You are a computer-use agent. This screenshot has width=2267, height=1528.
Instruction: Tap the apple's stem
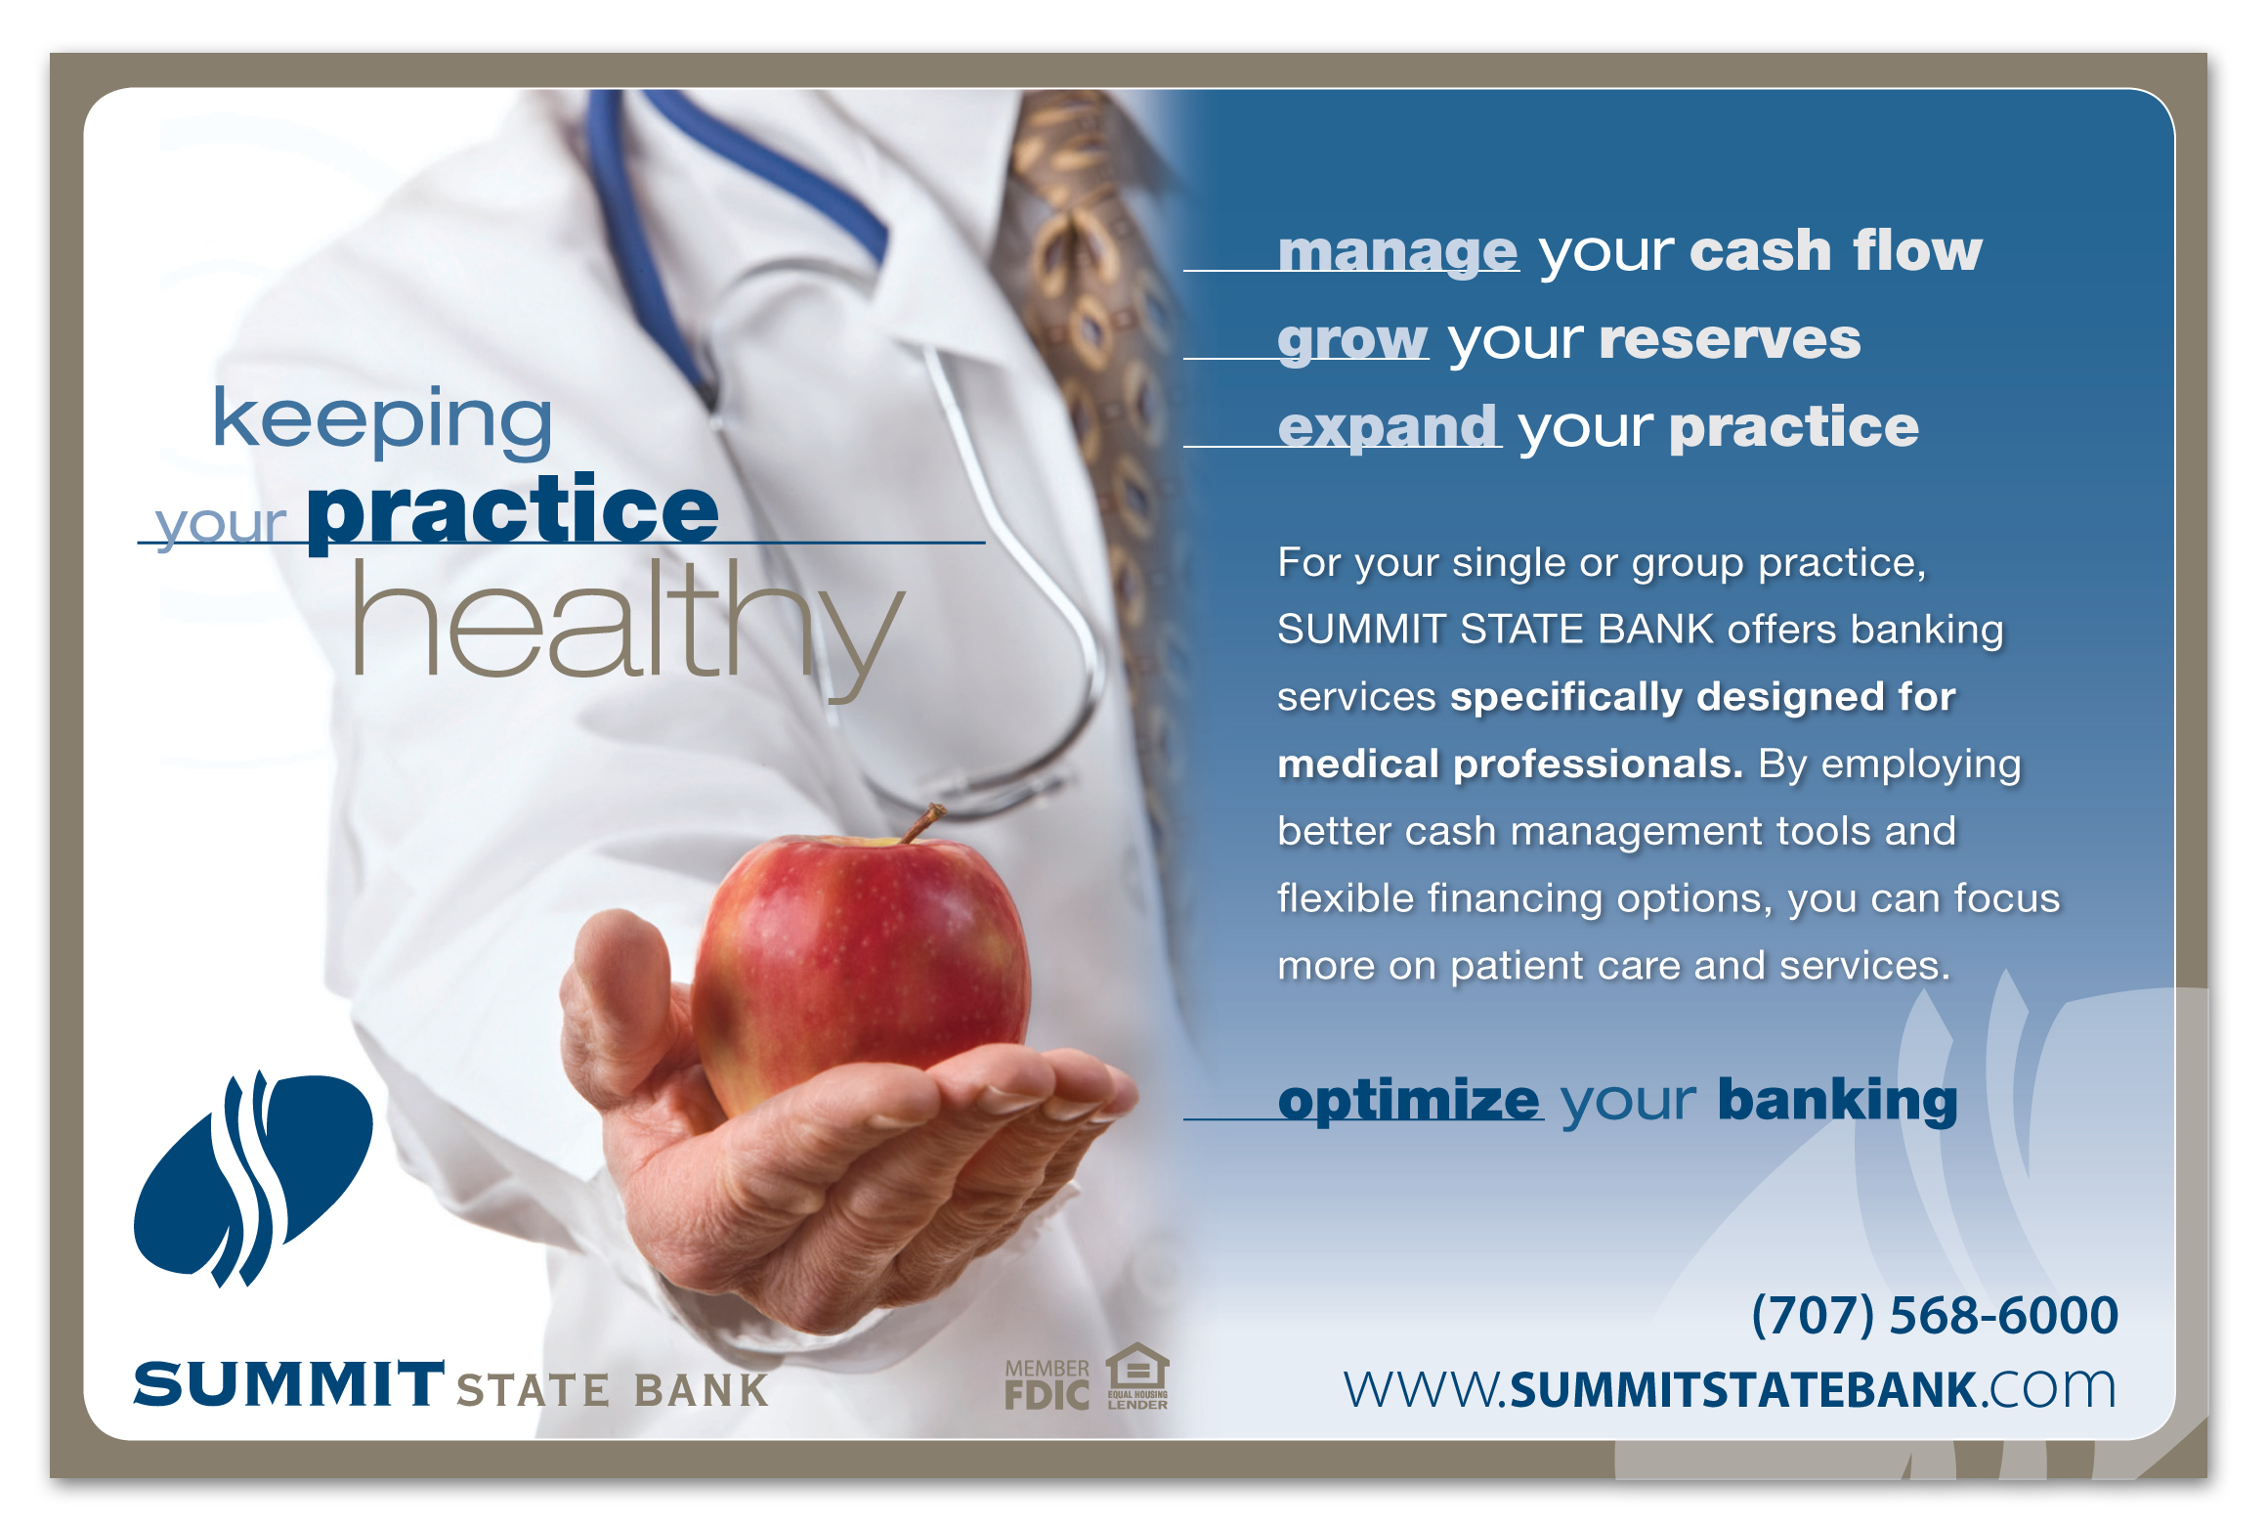coord(922,823)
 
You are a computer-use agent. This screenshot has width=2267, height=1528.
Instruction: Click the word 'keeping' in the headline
coord(382,421)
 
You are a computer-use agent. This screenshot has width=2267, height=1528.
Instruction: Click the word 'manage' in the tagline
coord(1397,250)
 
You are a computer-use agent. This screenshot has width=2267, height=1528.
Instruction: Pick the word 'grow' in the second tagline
coord(1352,340)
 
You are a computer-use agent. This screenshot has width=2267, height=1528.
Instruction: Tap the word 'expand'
coord(1388,427)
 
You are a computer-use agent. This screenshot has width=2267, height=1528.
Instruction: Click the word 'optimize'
coord(1409,1101)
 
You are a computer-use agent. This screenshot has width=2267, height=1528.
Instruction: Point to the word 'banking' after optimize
coord(1838,1102)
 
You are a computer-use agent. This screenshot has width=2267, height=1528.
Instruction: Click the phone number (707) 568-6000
coord(1935,1315)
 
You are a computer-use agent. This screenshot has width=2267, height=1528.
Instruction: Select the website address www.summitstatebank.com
coord(1730,1389)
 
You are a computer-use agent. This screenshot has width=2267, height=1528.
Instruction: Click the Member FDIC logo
coord(1048,1384)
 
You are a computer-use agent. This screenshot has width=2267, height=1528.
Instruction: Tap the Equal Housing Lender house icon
coord(1137,1376)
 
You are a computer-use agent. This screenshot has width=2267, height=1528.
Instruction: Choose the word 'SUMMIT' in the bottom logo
coord(289,1384)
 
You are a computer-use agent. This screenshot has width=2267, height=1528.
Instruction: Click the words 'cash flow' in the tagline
coord(1836,250)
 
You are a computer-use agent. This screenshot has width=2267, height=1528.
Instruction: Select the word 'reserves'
coord(1730,340)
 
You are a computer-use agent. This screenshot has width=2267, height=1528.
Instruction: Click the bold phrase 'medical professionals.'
coord(1511,764)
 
